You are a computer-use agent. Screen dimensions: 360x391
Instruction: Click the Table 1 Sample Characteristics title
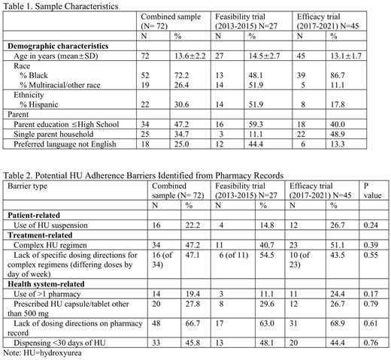[62, 5]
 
